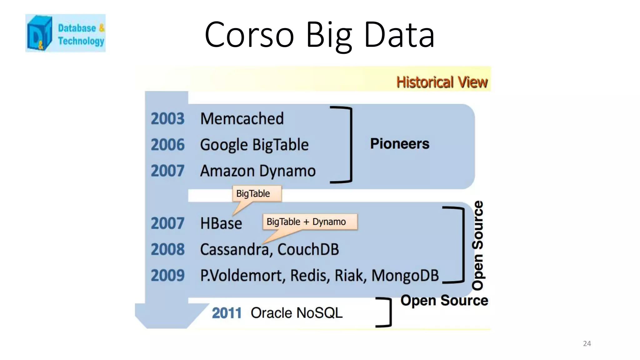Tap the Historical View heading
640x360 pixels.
click(442, 82)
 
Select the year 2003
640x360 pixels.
click(167, 119)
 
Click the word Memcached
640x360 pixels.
click(242, 119)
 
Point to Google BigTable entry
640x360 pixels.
click(254, 145)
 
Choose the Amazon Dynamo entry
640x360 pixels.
click(258, 171)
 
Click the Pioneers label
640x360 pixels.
click(399, 144)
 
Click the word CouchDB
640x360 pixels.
click(308, 250)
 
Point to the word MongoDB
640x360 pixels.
click(405, 276)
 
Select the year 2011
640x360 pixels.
click(227, 313)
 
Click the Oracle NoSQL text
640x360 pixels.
click(296, 313)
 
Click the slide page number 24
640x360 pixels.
click(587, 343)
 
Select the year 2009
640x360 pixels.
click(167, 276)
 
